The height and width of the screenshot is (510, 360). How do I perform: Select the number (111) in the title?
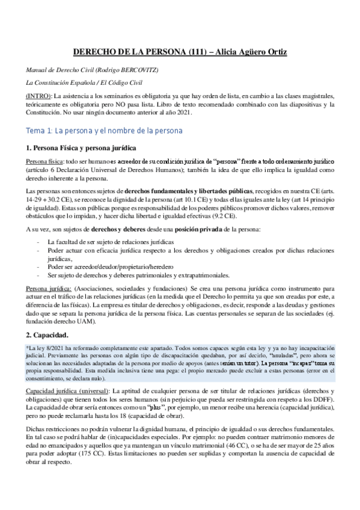click(x=199, y=52)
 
